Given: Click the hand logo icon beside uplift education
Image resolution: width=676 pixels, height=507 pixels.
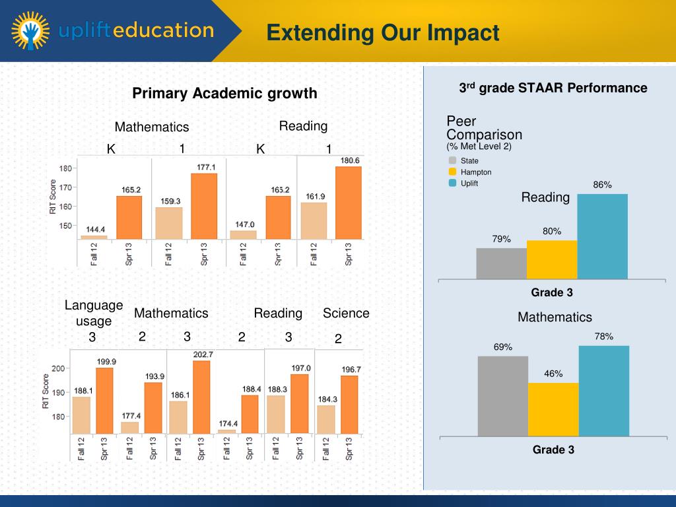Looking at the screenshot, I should [30, 31].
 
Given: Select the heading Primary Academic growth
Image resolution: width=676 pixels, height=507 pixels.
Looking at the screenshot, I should [224, 94].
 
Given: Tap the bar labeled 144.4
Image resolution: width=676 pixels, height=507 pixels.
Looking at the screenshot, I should [94, 236].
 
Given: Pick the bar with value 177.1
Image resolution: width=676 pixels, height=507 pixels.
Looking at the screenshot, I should [204, 206].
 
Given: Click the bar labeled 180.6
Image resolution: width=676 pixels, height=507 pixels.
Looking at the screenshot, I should [348, 203].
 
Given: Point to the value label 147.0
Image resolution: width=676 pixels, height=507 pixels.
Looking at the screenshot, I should [245, 224].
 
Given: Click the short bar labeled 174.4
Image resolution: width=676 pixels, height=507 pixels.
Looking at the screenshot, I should [226, 432].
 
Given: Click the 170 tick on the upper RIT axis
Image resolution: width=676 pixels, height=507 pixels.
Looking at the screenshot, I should [65, 187].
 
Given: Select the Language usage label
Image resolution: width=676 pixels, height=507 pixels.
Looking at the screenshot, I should [94, 313].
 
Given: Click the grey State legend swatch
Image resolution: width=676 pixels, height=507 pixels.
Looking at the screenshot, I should [452, 160].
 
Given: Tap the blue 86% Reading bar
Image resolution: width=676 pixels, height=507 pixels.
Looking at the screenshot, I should [602, 236].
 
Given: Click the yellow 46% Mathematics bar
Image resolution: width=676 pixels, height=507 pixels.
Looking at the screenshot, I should [553, 409].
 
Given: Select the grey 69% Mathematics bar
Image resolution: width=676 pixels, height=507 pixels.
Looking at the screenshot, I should [503, 395].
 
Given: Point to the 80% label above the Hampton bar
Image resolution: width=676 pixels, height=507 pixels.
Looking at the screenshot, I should [552, 232].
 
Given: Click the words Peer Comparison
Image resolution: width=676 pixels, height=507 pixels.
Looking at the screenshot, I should [475, 128].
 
